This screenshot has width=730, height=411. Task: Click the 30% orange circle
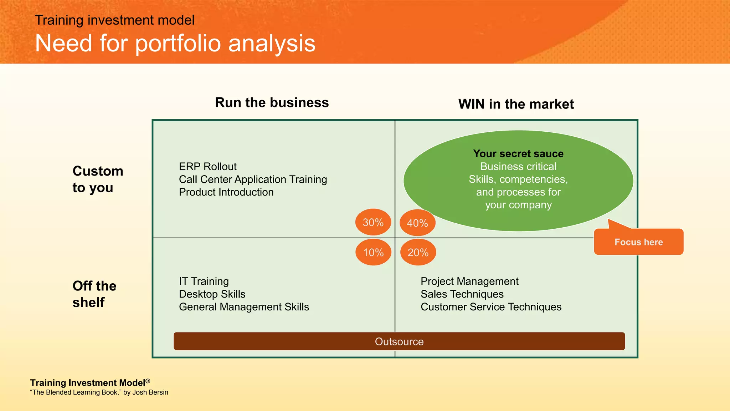pos(373,222)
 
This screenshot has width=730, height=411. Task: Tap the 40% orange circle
pos(417,223)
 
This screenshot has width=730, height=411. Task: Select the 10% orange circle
pos(373,252)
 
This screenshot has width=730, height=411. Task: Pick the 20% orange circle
pos(418,252)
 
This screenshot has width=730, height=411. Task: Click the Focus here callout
pos(638,242)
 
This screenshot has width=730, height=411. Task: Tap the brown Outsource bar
pos(399,341)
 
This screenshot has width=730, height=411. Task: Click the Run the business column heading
pos(272,103)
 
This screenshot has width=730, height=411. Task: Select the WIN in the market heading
pos(516,104)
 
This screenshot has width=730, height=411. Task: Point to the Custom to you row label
pos(97,179)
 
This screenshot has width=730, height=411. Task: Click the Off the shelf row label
pos(94,294)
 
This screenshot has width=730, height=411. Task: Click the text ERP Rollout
pos(207,167)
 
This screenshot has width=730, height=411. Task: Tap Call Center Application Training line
pos(253,179)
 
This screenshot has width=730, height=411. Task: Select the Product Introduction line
pos(226,192)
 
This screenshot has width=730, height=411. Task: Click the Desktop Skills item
pos(212,294)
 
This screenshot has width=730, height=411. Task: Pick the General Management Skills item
pos(244,307)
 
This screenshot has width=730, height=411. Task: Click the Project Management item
pos(469,281)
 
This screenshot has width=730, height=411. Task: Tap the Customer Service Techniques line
pos(491,307)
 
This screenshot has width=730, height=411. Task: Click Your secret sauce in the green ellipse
pos(518,154)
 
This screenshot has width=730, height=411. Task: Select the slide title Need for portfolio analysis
pos(175,44)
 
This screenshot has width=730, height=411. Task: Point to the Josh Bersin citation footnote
pos(99,392)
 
